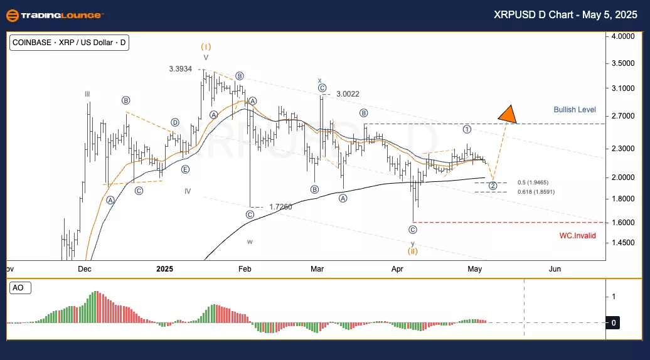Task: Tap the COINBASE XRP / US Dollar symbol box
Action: (x=70, y=43)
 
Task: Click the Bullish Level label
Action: (x=575, y=110)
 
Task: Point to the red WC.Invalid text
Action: (x=578, y=236)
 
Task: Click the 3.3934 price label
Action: (x=181, y=69)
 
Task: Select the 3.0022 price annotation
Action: (x=348, y=93)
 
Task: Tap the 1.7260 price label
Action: (x=281, y=206)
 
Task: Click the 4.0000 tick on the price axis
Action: (x=623, y=37)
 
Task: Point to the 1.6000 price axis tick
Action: (x=623, y=223)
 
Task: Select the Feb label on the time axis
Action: (x=245, y=269)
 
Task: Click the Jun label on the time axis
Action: (x=555, y=269)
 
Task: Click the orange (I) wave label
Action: (x=206, y=46)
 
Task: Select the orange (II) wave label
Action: (x=413, y=251)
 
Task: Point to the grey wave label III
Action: (x=88, y=94)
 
